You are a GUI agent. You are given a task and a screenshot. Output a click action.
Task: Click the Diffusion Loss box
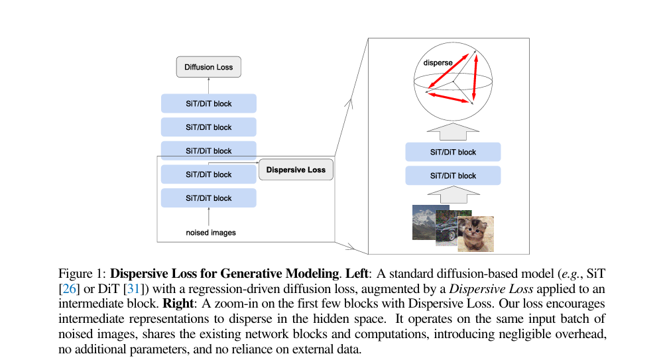coord(209,67)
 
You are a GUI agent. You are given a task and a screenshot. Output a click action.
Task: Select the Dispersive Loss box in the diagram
coord(296,170)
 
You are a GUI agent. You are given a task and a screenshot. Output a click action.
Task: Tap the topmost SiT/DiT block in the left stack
coord(209,103)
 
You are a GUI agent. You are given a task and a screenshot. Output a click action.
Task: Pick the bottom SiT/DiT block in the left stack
coord(209,198)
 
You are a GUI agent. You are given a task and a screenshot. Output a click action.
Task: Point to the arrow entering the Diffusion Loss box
coord(209,85)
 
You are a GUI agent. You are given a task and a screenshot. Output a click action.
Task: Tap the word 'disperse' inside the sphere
coord(438,63)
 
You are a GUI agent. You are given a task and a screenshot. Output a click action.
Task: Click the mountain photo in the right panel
coord(424,222)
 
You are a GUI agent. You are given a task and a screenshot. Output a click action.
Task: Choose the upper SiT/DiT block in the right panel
coord(453,152)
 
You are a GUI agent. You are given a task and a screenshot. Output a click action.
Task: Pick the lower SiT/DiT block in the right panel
coord(453,176)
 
